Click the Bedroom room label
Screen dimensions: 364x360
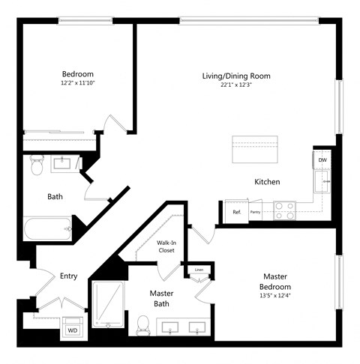(77, 74)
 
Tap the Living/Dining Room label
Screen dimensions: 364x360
(235, 76)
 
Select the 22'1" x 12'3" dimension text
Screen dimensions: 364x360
(235, 85)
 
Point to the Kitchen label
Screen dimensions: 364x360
(267, 182)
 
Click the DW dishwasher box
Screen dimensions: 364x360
(322, 160)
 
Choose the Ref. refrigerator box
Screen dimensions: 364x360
(236, 212)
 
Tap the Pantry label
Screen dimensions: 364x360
(256, 213)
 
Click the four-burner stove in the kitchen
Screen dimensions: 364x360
(284, 210)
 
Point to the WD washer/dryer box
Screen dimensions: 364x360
(73, 328)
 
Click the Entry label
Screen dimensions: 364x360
(68, 276)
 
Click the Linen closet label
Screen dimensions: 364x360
(199, 270)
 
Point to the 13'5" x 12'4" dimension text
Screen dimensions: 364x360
(276, 296)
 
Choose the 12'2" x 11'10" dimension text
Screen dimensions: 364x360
(77, 84)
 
